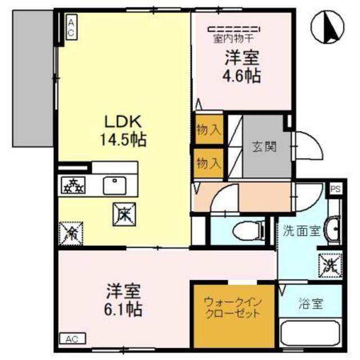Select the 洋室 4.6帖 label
241,67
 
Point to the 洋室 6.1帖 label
124,300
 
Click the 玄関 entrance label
263,147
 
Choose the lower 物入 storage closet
209,161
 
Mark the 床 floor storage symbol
124,212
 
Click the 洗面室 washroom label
301,231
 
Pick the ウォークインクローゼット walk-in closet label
232,307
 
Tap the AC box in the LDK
71,27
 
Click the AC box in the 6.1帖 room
71,339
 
